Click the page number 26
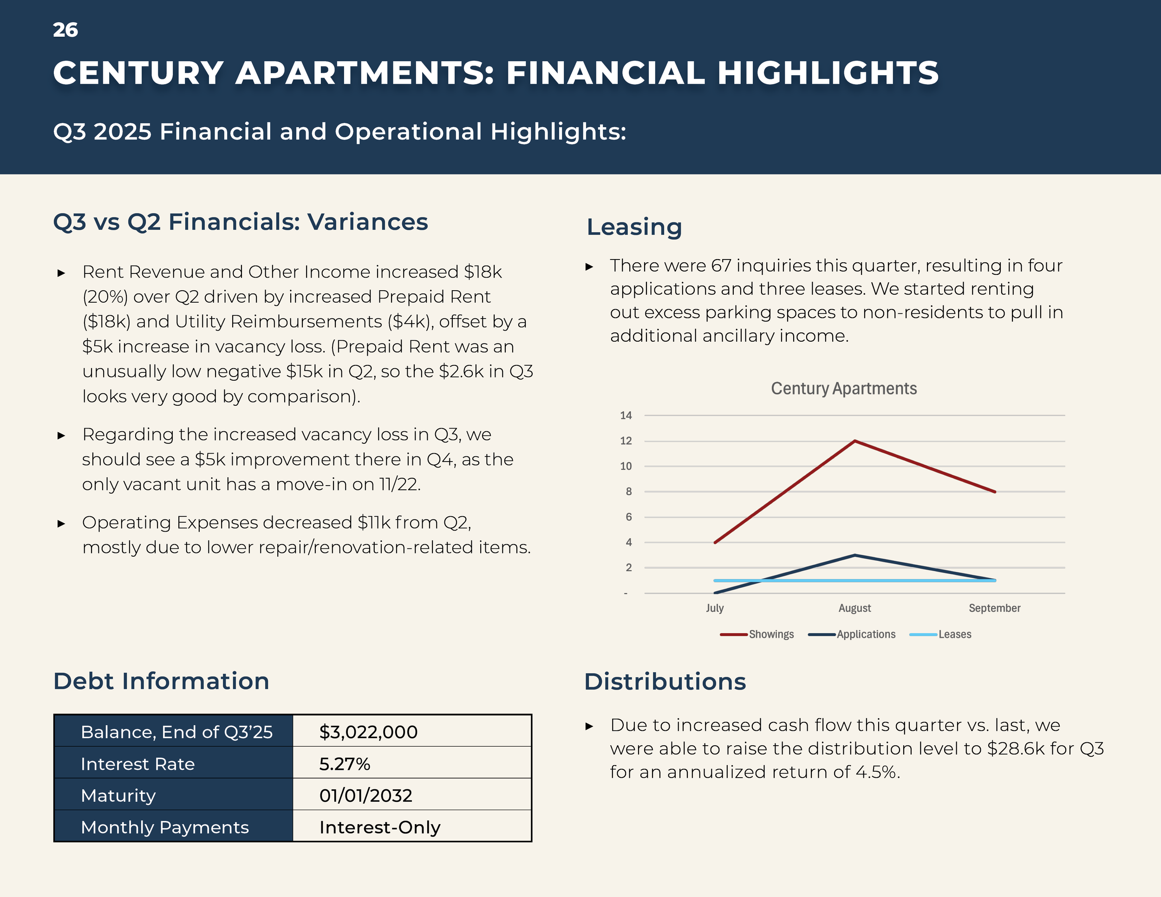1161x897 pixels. coord(65,30)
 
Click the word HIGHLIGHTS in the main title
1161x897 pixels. coord(828,73)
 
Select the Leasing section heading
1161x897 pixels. coord(634,227)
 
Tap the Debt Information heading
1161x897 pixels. coord(161,681)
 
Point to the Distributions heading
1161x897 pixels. coord(665,682)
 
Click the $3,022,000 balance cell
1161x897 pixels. coord(368,732)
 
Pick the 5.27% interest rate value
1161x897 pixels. coord(345,764)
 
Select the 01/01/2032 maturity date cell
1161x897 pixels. coord(366,795)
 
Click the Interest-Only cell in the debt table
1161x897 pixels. coord(379,827)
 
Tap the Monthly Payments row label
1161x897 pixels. coord(165,827)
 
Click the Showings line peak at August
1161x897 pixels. coord(855,441)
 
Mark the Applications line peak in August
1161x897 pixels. coord(855,555)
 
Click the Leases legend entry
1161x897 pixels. coord(954,634)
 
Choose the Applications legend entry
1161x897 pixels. coord(866,634)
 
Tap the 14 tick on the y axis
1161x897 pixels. coord(626,416)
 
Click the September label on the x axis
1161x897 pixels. coord(994,608)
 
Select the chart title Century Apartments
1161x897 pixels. coord(844,389)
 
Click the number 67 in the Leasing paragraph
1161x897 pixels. coord(721,265)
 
